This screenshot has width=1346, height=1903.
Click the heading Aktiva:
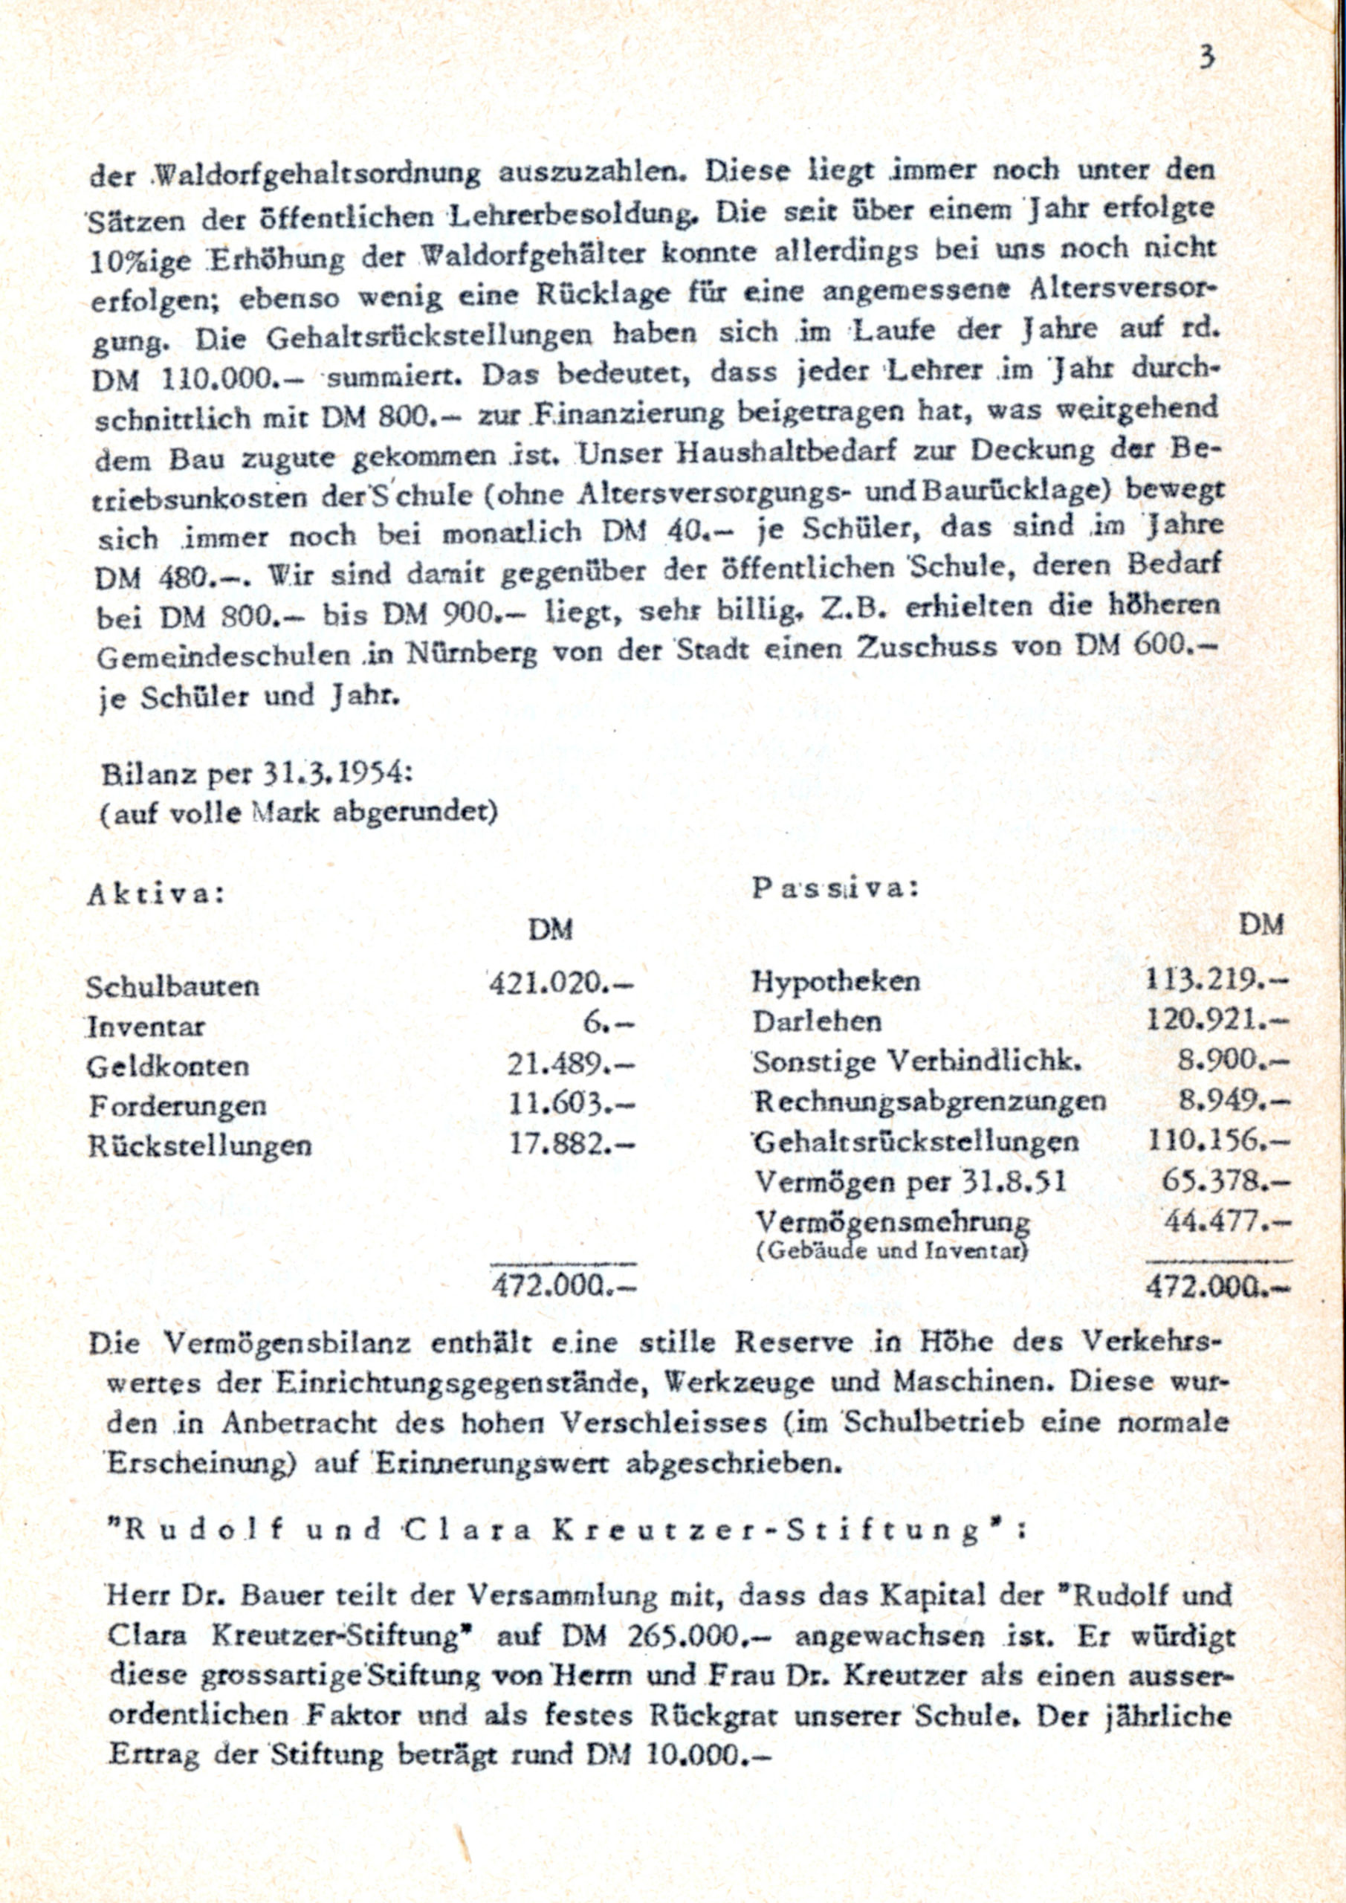(x=156, y=894)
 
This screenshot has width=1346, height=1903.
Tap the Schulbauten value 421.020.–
(x=561, y=983)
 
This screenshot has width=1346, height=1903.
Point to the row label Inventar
(x=146, y=1027)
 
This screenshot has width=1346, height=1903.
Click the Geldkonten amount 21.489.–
(x=571, y=1065)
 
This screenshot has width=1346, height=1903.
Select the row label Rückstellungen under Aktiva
(x=200, y=1146)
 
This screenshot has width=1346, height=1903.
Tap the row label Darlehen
(x=816, y=1021)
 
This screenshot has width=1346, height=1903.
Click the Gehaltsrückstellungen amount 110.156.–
(x=1218, y=1140)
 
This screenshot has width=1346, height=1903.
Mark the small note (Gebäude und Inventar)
(x=892, y=1251)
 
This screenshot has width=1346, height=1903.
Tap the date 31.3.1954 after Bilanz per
(x=331, y=773)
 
